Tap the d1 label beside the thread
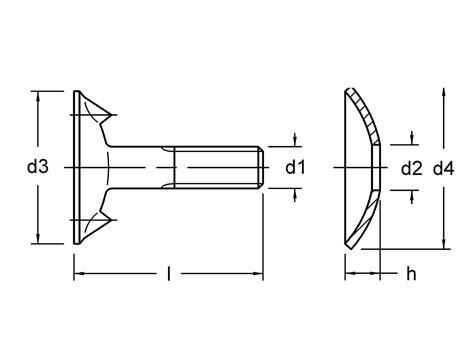click(294, 168)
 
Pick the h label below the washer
click(410, 273)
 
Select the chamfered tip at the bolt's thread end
click(261, 167)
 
